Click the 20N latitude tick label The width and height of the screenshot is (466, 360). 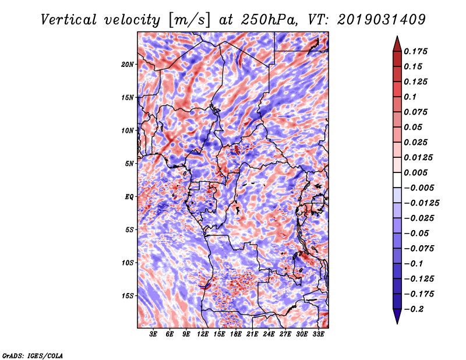pos(128,64)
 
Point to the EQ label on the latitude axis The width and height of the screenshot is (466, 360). pos(129,196)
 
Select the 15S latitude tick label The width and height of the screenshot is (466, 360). pos(128,296)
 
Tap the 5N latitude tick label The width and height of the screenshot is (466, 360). pos(129,164)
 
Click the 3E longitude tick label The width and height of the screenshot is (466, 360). pos(154,334)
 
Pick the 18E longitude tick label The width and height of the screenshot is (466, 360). pos(236,334)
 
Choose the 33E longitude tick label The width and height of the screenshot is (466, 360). pos(318,334)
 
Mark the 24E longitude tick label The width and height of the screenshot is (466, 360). pos(269,334)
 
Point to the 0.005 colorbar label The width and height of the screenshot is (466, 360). pos(417,172)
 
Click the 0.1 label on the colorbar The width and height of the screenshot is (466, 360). pos(411,97)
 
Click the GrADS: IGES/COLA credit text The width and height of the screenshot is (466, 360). pos(33,355)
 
